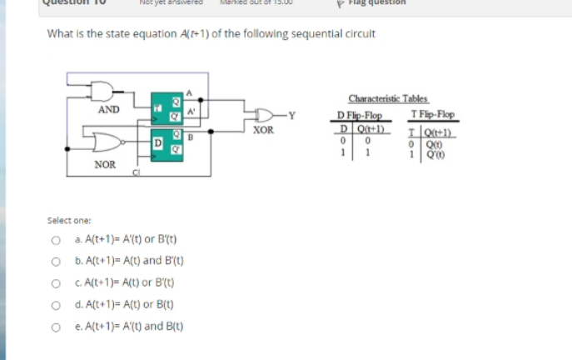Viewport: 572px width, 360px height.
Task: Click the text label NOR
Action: [x=105, y=164]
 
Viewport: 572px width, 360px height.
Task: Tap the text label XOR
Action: [x=264, y=130]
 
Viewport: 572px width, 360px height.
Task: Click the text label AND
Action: [x=109, y=109]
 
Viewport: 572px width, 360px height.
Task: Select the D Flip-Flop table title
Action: [x=359, y=114]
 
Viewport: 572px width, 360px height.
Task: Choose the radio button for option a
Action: [x=54, y=240]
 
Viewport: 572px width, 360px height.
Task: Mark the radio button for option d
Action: [x=54, y=305]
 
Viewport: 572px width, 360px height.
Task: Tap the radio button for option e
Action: [x=54, y=327]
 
